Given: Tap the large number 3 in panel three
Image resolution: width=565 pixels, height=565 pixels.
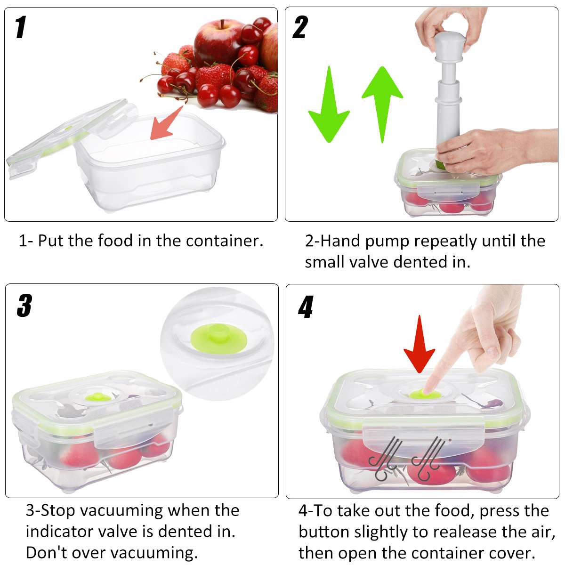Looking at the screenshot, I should coord(24,306).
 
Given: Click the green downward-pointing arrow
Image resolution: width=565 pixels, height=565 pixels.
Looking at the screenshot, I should coord(329,106).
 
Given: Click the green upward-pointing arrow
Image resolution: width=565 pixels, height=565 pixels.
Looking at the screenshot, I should coord(382,101).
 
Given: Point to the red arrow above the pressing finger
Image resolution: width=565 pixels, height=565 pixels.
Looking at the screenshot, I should coord(419,344).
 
